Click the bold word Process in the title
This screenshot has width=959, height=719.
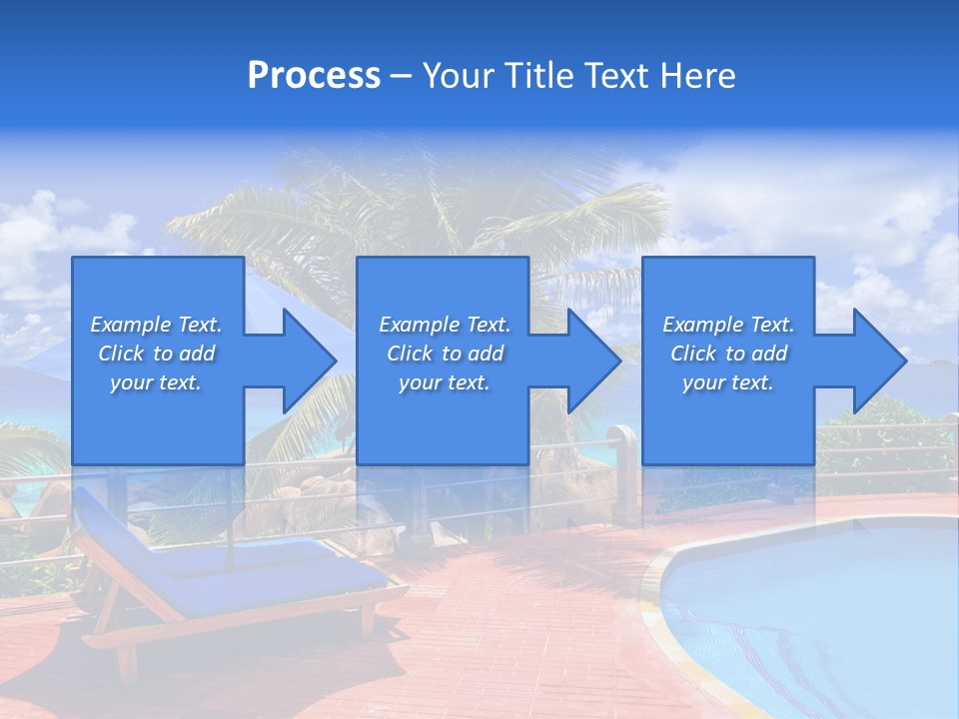pos(314,75)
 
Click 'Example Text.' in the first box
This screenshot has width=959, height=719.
pos(156,325)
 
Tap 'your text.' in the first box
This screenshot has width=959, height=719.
pos(156,382)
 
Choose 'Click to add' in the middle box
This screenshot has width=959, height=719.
pos(445,354)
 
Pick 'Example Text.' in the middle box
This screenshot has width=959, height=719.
pos(445,325)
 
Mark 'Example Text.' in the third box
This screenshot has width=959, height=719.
pos(728,325)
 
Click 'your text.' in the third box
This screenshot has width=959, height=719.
pos(728,382)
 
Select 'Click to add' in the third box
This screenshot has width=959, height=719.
pos(728,354)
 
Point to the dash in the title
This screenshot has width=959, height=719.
pos(401,76)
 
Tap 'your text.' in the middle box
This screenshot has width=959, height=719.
pos(445,382)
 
